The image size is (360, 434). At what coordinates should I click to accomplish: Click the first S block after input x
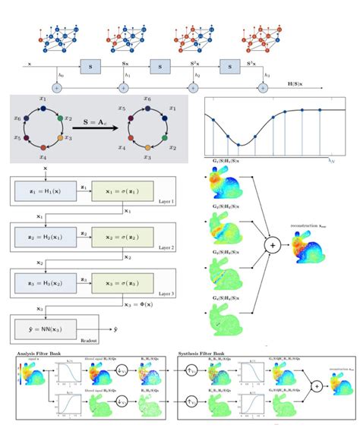(90, 67)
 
